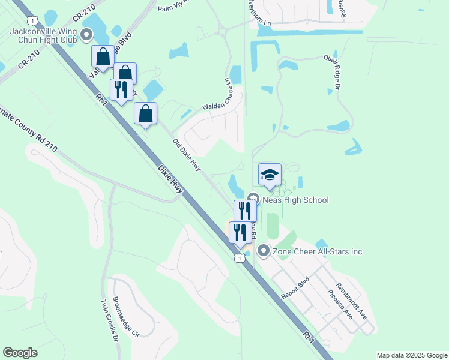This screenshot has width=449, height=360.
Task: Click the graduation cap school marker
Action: (270, 175)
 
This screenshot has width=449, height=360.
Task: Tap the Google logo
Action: (20, 353)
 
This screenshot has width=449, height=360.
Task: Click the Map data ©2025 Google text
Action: (411, 355)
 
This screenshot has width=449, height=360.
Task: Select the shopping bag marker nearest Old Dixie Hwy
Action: (146, 113)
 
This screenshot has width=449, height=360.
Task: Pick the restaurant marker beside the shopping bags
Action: (121, 89)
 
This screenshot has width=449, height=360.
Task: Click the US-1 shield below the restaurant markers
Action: (240, 258)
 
